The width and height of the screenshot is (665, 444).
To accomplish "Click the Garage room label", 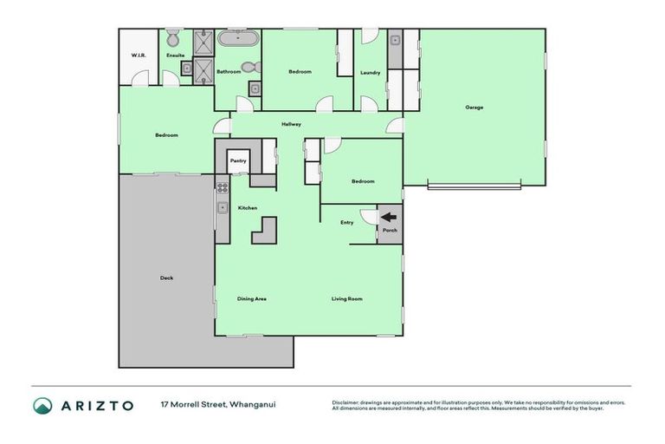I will [x=474, y=108].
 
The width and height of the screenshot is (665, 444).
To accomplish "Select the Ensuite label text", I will [x=176, y=55].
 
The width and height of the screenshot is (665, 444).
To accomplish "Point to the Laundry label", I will [x=370, y=72].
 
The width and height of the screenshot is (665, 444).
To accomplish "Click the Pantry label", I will [x=238, y=160].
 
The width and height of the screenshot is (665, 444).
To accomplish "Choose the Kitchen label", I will [x=248, y=208].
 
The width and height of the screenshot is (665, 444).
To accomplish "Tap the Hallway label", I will [x=291, y=125].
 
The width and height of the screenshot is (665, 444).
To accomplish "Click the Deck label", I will [x=166, y=277].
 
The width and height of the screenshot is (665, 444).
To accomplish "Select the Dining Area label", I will [x=252, y=299].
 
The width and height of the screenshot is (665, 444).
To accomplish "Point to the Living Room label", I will [x=346, y=299].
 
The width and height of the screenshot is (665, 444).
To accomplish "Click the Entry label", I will [x=346, y=223].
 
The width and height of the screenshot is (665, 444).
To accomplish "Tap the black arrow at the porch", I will [x=389, y=218].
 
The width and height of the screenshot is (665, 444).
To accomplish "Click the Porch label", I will [x=390, y=231].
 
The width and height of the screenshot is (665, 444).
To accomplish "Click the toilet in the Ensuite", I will [x=172, y=38].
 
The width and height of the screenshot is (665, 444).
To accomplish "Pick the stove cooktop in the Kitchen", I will [x=222, y=186].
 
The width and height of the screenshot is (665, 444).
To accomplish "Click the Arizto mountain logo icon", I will [x=42, y=406].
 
